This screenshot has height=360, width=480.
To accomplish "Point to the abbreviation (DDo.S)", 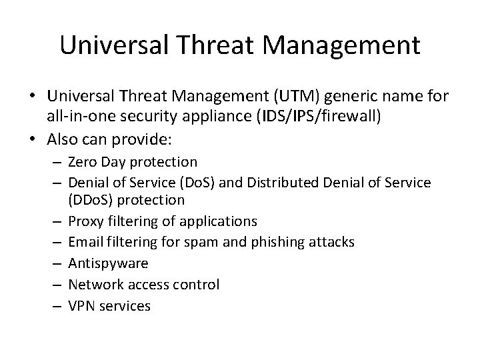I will click(93, 201).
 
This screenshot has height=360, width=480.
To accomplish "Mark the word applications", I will click(219, 221).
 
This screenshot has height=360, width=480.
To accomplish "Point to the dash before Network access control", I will click(55, 285).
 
